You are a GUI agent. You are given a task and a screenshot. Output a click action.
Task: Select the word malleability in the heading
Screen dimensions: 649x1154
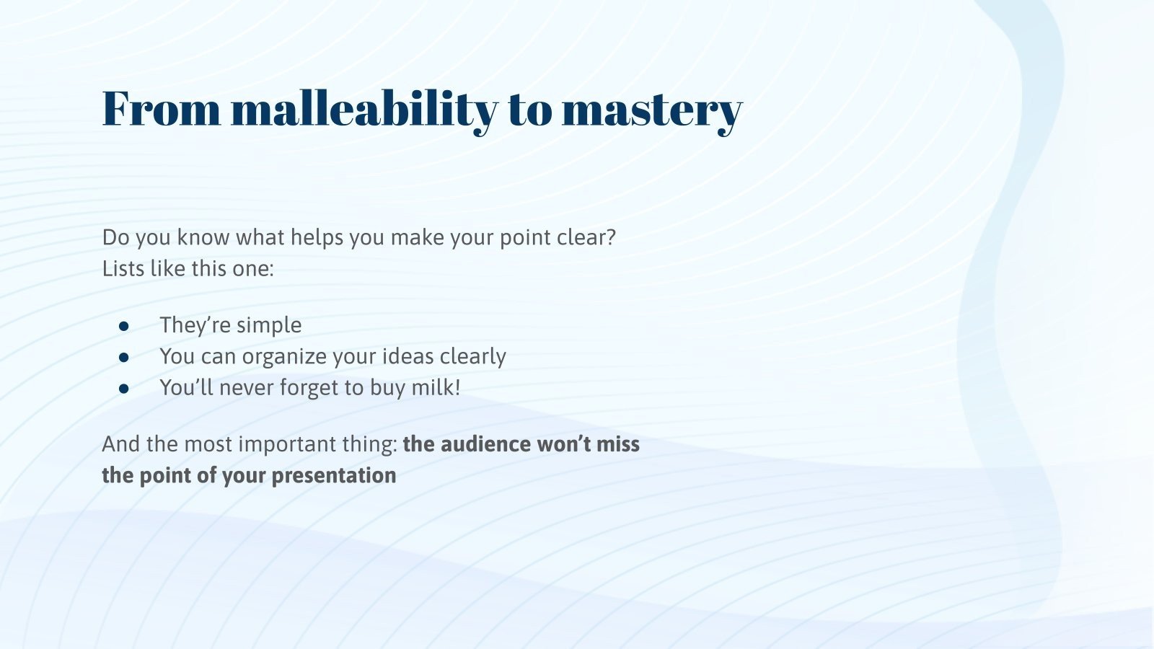pos(364,109)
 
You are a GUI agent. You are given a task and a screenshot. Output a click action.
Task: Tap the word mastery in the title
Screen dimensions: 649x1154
pos(651,109)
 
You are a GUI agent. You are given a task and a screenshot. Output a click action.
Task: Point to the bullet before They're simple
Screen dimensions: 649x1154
pos(124,326)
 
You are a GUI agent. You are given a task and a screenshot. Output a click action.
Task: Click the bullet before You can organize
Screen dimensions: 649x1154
pos(124,357)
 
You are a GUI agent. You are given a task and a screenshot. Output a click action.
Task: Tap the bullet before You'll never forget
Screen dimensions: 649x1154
pos(124,389)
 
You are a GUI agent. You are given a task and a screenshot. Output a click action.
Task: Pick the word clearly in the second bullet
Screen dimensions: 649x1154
pos(472,356)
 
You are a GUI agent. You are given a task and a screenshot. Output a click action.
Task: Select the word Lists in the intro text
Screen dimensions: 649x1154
pos(123,269)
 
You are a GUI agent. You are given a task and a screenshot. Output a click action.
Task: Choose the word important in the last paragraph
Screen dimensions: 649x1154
pos(286,443)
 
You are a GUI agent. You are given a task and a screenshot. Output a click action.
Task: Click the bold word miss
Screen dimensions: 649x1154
pos(618,443)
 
